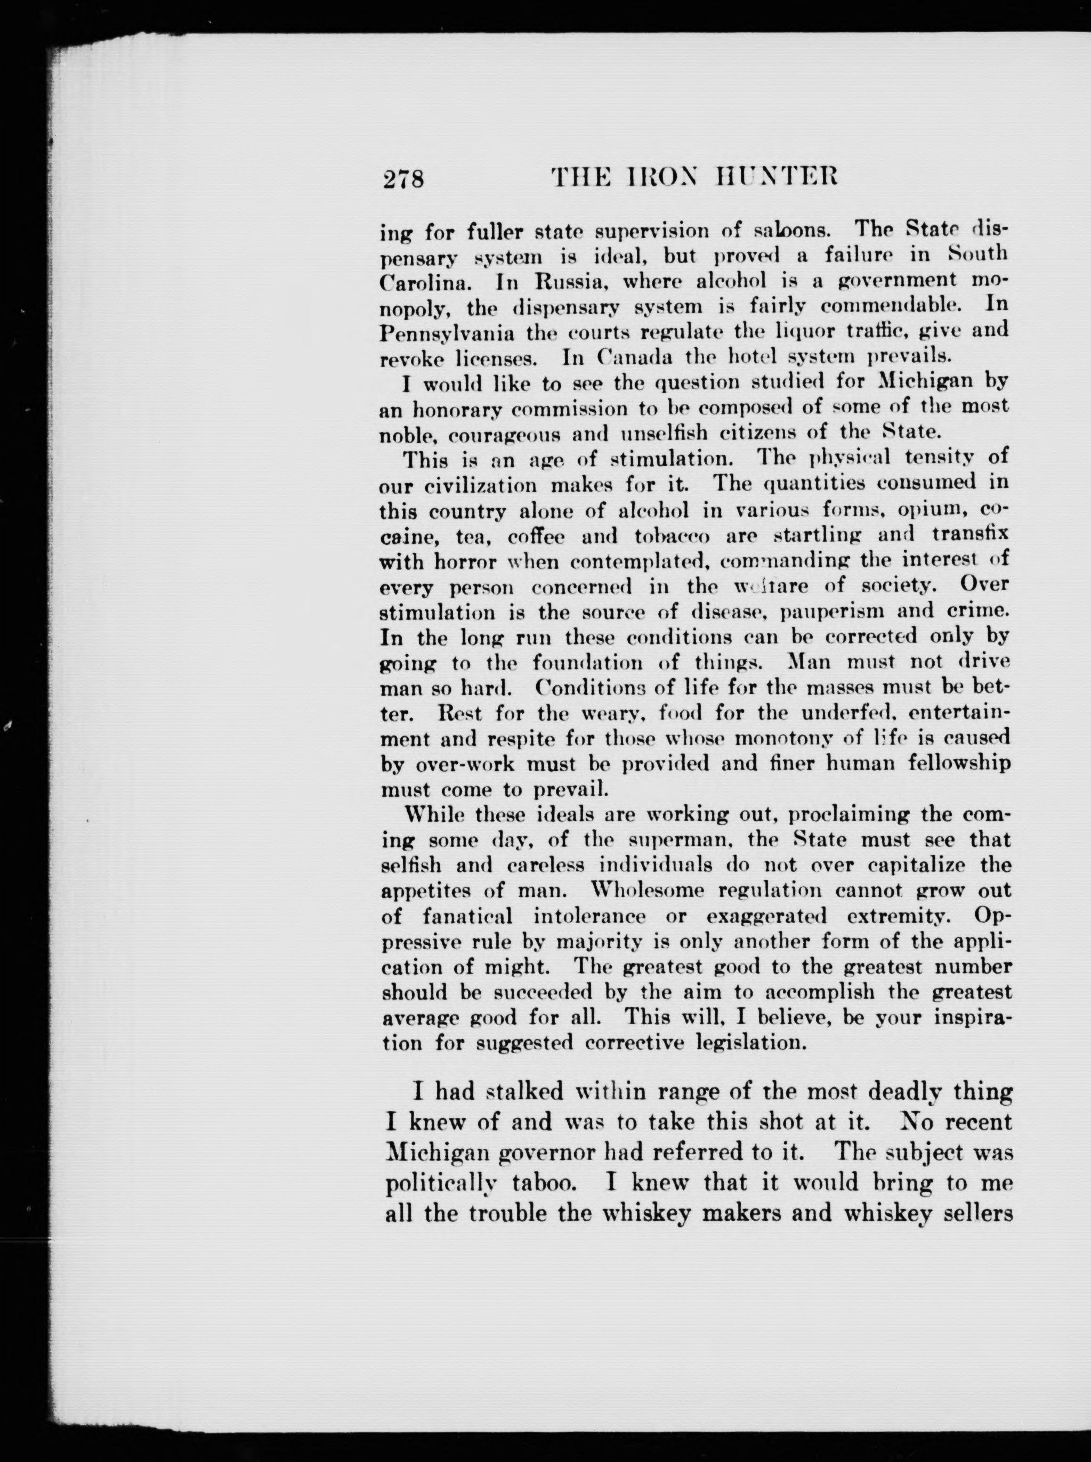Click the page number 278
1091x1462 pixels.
point(403,179)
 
